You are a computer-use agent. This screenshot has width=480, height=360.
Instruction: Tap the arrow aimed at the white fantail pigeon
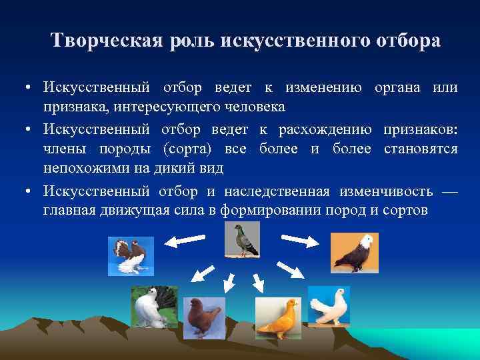(202, 273)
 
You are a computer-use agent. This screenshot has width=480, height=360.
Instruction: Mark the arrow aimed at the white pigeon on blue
(288, 270)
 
